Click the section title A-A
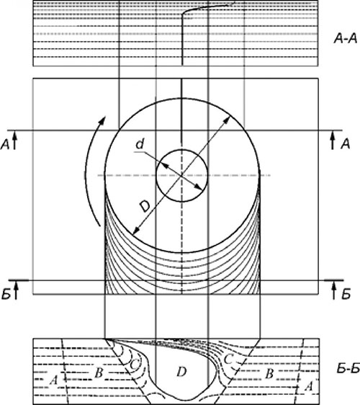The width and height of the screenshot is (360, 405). tap(346, 39)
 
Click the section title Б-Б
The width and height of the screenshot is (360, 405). tap(348, 370)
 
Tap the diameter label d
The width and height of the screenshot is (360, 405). tap(140, 144)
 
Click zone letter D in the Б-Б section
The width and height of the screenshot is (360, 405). tap(181, 372)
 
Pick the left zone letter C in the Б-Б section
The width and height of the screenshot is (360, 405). tap(134, 365)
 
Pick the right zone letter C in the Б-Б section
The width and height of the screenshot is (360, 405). tap(228, 360)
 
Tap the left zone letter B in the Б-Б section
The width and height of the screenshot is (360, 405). tap(99, 373)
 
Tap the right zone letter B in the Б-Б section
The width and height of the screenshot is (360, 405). tap(269, 374)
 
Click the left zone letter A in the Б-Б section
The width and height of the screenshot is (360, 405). tap(54, 380)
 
